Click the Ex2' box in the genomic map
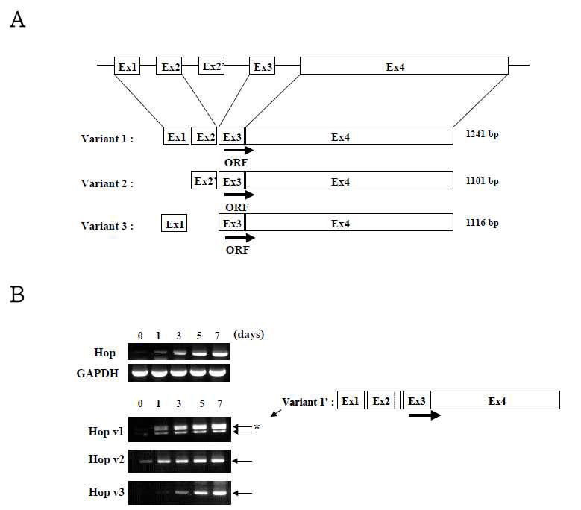coord(212,66)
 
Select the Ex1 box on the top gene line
coord(128,66)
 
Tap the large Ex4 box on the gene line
coord(404,66)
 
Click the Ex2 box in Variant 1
coord(204,136)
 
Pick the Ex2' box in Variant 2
coord(204,181)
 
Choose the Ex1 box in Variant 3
coord(174,223)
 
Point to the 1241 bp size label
coord(481,136)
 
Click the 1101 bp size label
coord(481,180)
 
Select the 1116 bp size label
coord(481,222)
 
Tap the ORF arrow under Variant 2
coord(239,195)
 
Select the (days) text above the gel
coord(248,334)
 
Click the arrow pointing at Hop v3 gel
coord(242,493)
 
